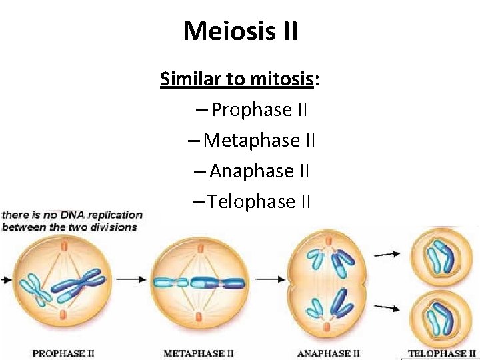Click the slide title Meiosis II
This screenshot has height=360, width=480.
point(240,31)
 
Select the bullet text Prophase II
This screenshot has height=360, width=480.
point(259,110)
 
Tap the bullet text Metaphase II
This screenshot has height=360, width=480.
point(259,141)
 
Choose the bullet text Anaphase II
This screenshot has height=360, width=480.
point(259,171)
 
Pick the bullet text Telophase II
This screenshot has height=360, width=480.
point(259,201)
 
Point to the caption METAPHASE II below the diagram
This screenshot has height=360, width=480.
point(198,353)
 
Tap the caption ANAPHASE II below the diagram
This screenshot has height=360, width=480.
point(328,353)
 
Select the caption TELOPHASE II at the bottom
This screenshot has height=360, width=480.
point(442,353)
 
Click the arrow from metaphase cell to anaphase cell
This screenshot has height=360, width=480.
point(270,279)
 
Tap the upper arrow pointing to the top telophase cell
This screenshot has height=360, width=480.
point(387,253)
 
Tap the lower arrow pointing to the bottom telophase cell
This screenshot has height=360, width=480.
point(387,307)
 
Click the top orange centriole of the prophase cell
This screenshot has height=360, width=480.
point(64,247)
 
